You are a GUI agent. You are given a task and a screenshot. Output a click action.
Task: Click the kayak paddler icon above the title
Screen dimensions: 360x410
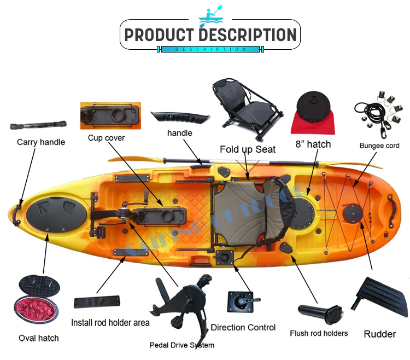[x=210, y=16]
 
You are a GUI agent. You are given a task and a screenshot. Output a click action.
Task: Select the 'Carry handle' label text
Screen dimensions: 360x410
[x=41, y=142]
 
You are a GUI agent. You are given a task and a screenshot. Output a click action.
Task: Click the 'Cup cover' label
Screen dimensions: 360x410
[x=106, y=138]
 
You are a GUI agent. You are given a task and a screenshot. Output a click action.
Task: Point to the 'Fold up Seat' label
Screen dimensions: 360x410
[x=248, y=149]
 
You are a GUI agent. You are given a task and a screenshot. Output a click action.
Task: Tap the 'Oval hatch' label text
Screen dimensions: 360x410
[x=39, y=338]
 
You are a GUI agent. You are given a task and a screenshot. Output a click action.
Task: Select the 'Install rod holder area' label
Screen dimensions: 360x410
[x=110, y=322]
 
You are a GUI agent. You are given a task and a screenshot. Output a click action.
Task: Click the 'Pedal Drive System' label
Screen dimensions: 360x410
[x=182, y=345]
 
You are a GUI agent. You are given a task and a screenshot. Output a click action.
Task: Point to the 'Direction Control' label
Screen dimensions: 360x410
[x=243, y=328]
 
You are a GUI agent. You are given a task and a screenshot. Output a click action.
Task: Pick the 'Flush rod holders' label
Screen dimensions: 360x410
[x=319, y=333]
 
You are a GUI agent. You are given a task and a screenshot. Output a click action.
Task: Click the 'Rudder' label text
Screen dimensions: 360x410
[x=380, y=334]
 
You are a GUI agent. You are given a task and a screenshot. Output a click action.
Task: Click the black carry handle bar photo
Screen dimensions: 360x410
[x=38, y=125]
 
